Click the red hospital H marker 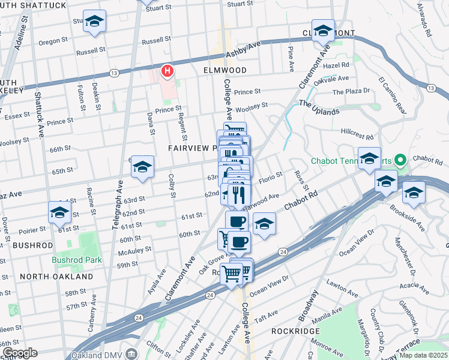[167, 72]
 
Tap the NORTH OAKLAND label [56, 277]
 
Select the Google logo [19, 353]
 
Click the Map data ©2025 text [423, 355]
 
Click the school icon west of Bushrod [59, 212]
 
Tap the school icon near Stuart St [94, 22]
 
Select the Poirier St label [34, 230]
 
